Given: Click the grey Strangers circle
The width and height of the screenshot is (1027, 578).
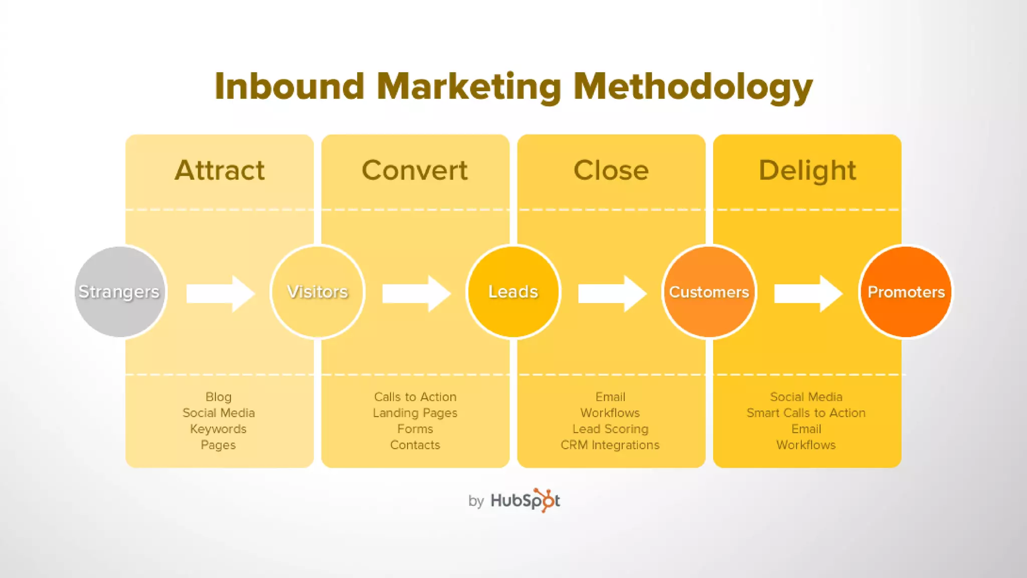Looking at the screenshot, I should pyautogui.click(x=120, y=292).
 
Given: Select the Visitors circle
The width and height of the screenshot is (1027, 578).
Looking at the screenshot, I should pyautogui.click(x=317, y=292).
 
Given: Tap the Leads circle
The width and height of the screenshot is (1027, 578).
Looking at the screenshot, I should pyautogui.click(x=513, y=292).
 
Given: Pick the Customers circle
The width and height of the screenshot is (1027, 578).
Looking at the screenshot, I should pyautogui.click(x=709, y=292).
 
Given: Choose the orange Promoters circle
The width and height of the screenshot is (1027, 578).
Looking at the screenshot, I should pyautogui.click(x=906, y=292).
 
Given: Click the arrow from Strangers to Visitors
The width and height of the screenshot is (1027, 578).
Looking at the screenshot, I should pyautogui.click(x=220, y=294).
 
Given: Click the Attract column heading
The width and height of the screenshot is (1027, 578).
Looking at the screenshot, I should pyautogui.click(x=220, y=170).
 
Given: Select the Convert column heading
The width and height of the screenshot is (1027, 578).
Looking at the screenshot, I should pyautogui.click(x=415, y=170).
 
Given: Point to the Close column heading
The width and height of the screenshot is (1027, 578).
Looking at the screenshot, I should pyautogui.click(x=611, y=170).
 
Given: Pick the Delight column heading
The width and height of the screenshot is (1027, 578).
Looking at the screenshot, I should pyautogui.click(x=807, y=170).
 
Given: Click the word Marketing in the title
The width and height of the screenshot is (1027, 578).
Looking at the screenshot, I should pyautogui.click(x=468, y=87).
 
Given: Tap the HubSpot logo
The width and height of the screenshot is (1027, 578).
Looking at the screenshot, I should pyautogui.click(x=525, y=500).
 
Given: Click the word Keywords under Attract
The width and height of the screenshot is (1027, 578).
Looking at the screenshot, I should pyautogui.click(x=218, y=429).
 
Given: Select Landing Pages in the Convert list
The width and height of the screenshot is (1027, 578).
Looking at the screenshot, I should pyautogui.click(x=415, y=413).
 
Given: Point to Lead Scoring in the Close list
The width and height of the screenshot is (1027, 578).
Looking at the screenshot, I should pyautogui.click(x=610, y=429).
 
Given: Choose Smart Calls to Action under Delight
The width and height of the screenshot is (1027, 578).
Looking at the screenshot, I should pyautogui.click(x=806, y=413).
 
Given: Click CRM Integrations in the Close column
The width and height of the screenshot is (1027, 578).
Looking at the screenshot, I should pyautogui.click(x=610, y=445).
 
